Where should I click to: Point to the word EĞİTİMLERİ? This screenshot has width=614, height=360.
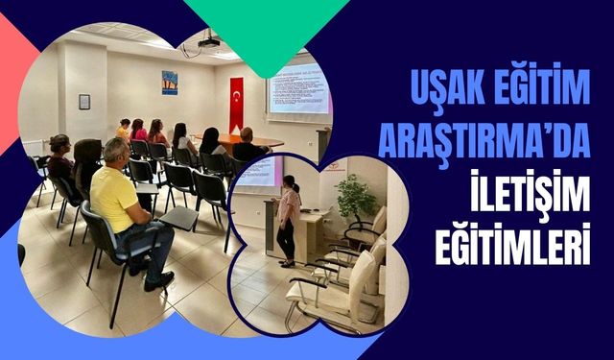click(519, 234)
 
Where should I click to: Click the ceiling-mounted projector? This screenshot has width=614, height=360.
click(208, 42)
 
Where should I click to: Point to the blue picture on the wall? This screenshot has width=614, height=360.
click(170, 83)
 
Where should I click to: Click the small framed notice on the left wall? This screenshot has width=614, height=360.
click(84, 101)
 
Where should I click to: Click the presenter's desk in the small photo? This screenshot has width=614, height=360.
click(309, 236)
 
